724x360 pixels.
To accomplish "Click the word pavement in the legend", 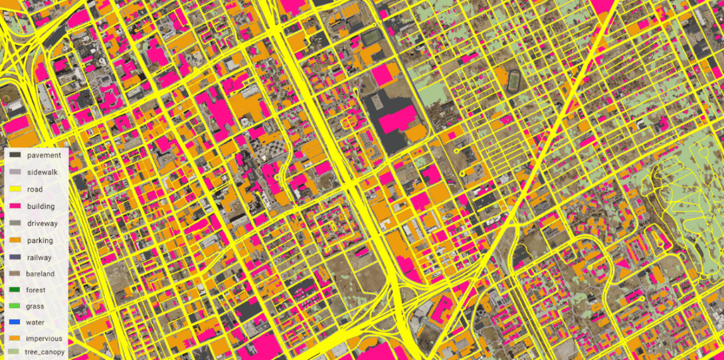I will tap(44, 155).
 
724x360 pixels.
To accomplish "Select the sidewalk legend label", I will tap(43, 173).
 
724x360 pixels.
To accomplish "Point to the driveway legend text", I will tap(43, 224).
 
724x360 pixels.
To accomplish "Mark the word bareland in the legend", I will tap(41, 274).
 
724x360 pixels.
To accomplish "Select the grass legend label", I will tap(35, 306).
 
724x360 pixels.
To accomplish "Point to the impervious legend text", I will tap(45, 339).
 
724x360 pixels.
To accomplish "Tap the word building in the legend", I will tap(41, 207).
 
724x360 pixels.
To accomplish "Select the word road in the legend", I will tap(35, 189).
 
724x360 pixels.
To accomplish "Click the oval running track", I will tap(514, 82).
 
